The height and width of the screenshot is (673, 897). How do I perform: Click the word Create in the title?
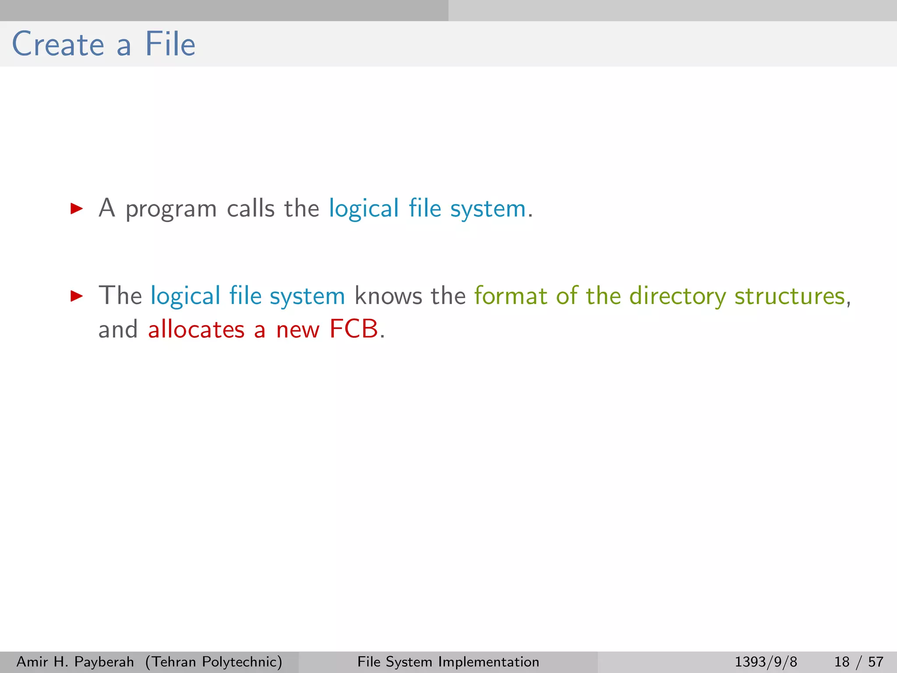click(58, 44)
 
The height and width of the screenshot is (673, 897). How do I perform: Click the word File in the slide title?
click(170, 44)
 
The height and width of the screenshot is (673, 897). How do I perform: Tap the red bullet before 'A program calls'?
click(77, 209)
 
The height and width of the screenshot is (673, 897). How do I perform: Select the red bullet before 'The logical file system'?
click(77, 296)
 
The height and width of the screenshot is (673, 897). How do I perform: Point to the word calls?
click(251, 209)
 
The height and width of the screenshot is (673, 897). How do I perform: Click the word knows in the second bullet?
click(388, 296)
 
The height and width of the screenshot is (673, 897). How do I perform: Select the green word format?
click(510, 296)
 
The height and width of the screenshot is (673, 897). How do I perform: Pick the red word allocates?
click(196, 329)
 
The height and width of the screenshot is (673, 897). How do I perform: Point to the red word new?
click(297, 330)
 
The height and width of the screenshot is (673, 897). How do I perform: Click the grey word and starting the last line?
click(118, 329)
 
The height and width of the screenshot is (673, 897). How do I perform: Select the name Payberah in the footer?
click(104, 662)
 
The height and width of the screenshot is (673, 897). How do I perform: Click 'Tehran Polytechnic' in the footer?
click(214, 662)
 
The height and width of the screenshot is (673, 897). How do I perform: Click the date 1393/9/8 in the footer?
click(766, 662)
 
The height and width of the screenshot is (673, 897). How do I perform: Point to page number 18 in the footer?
click(842, 662)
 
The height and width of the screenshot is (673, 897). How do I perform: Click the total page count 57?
click(876, 662)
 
